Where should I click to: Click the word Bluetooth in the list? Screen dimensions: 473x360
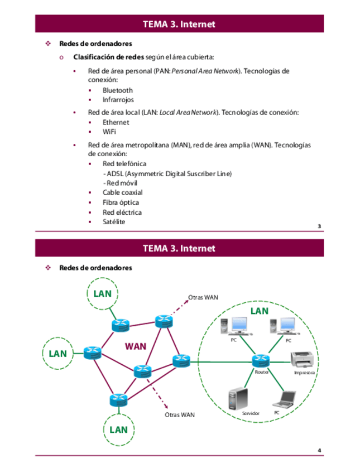point(117,90)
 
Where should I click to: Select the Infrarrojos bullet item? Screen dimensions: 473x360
point(118,100)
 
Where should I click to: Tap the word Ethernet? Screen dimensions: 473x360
point(116,122)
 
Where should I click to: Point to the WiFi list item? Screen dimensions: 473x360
point(109,132)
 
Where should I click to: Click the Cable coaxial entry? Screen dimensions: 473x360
point(122,192)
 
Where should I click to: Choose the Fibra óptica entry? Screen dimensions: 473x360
point(121,202)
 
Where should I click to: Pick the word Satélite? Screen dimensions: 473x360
point(114,222)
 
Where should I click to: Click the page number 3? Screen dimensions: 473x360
point(319,226)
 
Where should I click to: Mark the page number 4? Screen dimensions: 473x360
point(319,450)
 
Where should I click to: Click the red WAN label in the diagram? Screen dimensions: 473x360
point(135,346)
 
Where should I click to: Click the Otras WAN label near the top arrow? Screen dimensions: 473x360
point(203,297)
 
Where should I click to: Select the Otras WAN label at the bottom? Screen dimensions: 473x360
point(180,414)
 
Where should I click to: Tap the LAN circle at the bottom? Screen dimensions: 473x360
point(118,429)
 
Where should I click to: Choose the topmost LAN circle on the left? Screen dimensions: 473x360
point(102,293)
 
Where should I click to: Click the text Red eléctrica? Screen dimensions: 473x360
point(122,213)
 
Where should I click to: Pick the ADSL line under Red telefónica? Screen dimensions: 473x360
point(167,173)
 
